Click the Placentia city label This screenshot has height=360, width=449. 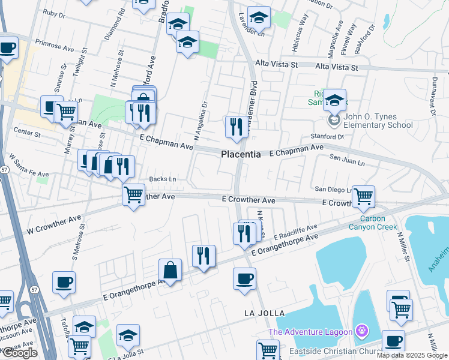[x=241, y=154]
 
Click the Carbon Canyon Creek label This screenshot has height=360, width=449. [x=374, y=223]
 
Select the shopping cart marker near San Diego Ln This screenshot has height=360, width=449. [x=363, y=196]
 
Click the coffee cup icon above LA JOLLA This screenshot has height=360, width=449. [x=244, y=279]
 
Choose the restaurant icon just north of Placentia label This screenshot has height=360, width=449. [x=235, y=127]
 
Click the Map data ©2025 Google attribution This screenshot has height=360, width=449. [x=412, y=355]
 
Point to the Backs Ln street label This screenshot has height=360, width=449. [x=162, y=179]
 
